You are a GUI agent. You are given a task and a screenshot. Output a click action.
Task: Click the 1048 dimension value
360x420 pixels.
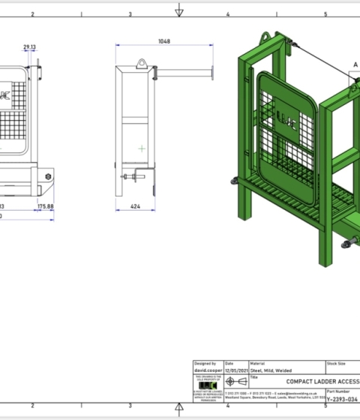tap(163, 42)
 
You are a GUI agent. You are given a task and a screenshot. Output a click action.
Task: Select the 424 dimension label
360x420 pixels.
tap(135, 204)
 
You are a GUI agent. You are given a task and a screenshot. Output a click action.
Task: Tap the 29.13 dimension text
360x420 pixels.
tap(30, 47)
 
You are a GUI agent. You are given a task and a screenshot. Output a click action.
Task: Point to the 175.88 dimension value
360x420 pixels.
tap(45, 205)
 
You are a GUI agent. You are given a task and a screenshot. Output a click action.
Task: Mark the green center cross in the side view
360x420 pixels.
tap(141, 148)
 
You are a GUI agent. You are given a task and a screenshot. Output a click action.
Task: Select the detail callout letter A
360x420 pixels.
tap(355, 64)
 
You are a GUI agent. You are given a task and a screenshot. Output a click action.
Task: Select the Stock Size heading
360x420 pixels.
tap(336, 364)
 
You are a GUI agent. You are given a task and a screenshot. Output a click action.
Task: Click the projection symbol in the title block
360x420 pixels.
tap(237, 382)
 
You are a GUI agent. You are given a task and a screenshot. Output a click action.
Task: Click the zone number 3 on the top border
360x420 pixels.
tap(130, 13)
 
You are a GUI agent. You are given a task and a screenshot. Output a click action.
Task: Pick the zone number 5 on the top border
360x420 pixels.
tap(325, 13)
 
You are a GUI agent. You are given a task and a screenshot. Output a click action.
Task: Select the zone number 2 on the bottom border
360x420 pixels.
tap(33, 405)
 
